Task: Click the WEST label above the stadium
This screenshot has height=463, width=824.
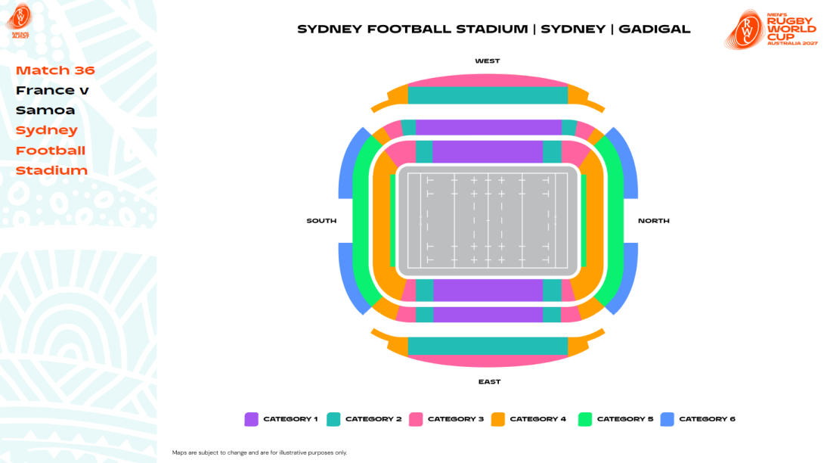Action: pyautogui.click(x=488, y=61)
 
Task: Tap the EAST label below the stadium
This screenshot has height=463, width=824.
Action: pyautogui.click(x=489, y=382)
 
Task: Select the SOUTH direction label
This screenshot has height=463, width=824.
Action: pyautogui.click(x=321, y=221)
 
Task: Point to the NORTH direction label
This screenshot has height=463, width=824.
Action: pyautogui.click(x=654, y=221)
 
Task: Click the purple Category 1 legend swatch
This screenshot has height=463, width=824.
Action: pyautogui.click(x=252, y=419)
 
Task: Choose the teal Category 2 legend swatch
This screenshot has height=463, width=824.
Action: pyautogui.click(x=333, y=419)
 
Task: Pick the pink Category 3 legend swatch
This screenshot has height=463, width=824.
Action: pyautogui.click(x=416, y=419)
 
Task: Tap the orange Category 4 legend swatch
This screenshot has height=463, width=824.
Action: pyautogui.click(x=498, y=419)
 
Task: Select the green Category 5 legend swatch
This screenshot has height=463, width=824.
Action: pyautogui.click(x=584, y=419)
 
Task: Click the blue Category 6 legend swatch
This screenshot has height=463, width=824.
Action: pyautogui.click(x=667, y=419)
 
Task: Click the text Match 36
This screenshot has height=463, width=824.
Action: pyautogui.click(x=55, y=70)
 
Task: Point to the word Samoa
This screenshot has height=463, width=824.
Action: pyautogui.click(x=45, y=110)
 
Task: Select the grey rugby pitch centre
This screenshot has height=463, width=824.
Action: pyautogui.click(x=488, y=221)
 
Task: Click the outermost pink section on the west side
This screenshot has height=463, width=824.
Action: pyautogui.click(x=488, y=79)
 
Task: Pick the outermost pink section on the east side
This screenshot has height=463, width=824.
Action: pyautogui.click(x=488, y=361)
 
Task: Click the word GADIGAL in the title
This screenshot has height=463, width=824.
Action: pyautogui.click(x=655, y=30)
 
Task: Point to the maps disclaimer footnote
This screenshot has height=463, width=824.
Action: pyautogui.click(x=259, y=452)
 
